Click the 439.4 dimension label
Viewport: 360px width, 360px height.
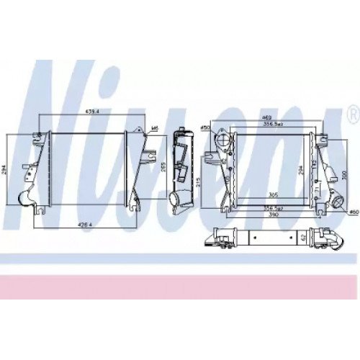click(92, 112)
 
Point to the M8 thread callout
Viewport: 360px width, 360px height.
click(154, 130)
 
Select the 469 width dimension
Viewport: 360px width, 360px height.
click(266, 117)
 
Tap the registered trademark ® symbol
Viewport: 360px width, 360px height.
click(352, 113)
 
